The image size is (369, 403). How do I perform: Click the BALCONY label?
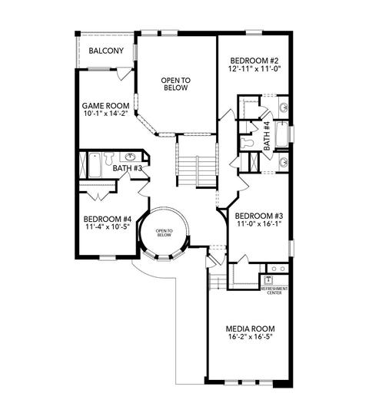106,51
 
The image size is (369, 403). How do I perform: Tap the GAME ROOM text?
105,106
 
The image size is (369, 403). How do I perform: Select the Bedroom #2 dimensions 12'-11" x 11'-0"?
254,69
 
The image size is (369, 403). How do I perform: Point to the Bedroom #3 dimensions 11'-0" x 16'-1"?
258,223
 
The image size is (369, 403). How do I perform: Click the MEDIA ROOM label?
250,329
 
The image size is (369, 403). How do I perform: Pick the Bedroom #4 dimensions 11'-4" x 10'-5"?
108,226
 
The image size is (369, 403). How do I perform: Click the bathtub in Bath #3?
95,165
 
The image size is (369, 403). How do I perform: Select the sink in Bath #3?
130,157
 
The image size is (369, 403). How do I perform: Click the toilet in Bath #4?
247,142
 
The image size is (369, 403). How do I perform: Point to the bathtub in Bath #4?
281,134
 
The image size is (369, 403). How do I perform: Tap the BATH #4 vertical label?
267,136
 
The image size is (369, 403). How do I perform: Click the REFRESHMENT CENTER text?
274,291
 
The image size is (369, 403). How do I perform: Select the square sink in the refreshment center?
268,279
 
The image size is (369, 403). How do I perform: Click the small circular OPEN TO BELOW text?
165,233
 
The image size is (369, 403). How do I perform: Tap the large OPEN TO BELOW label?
176,84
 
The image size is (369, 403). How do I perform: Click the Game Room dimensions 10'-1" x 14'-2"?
106,114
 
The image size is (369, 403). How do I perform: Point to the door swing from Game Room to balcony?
122,74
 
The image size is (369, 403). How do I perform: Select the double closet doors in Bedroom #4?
98,196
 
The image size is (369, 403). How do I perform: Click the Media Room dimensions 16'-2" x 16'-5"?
250,337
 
